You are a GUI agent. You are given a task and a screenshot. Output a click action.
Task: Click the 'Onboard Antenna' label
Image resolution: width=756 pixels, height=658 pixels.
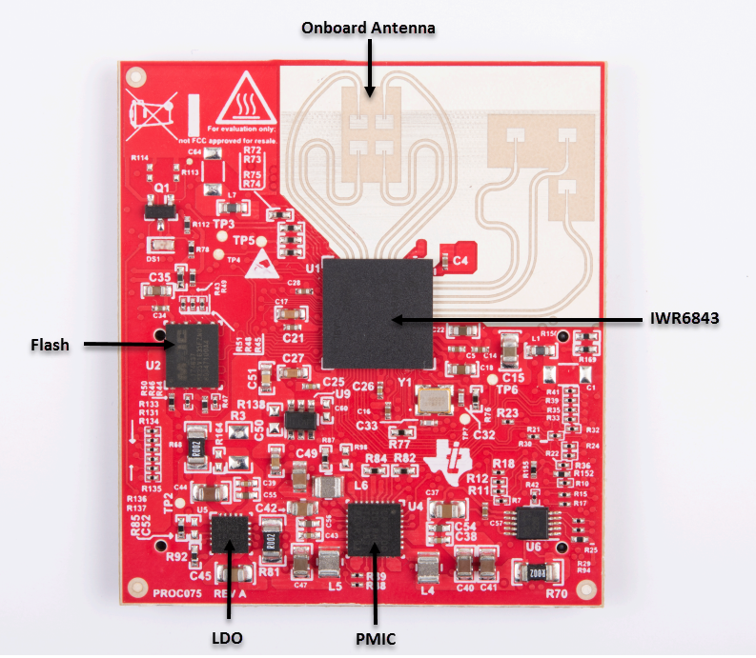(368, 29)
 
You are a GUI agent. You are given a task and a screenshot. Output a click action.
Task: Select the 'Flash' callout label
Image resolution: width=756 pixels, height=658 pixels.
(49, 344)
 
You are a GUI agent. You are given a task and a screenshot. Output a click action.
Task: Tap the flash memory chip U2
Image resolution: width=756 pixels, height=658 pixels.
(191, 353)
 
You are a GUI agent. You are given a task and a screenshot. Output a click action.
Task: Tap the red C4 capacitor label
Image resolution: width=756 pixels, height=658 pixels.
(460, 259)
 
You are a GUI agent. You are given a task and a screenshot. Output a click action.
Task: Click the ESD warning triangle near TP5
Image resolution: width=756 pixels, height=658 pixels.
(258, 267)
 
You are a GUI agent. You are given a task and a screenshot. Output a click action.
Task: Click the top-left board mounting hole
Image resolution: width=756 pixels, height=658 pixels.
(136, 75)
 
